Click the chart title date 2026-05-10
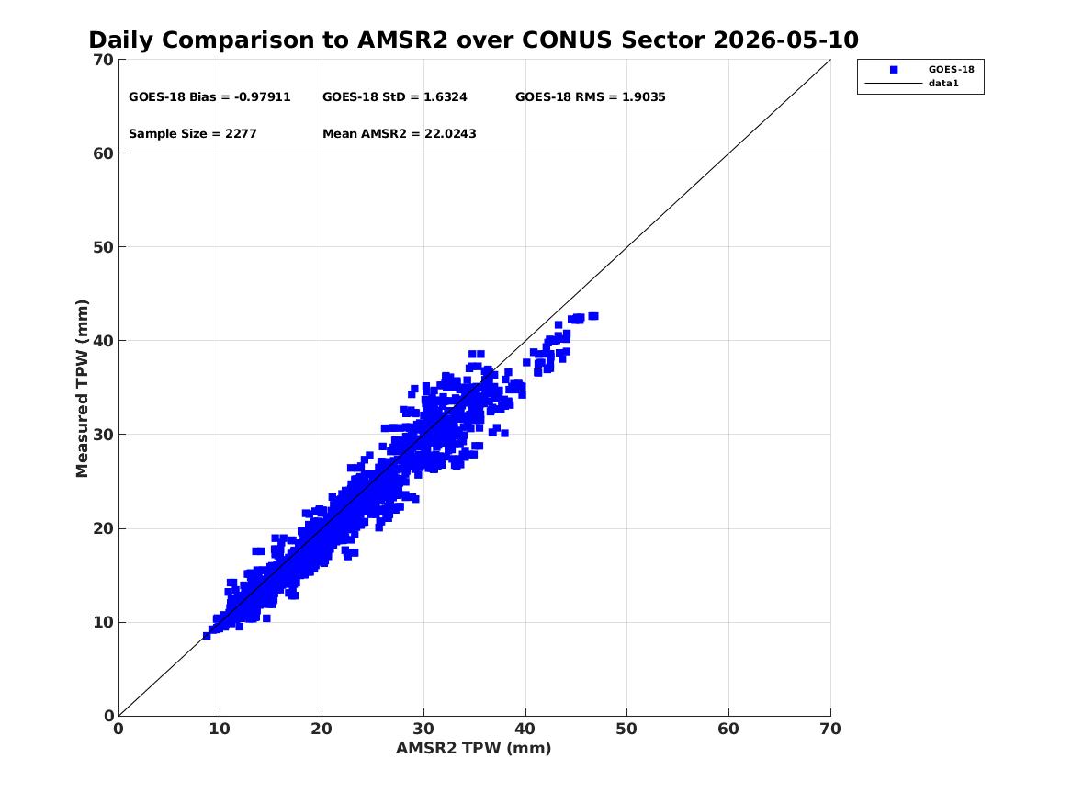pos(785,40)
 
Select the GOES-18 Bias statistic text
pos(209,97)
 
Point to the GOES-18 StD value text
pos(395,97)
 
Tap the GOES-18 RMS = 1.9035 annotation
pos(591,97)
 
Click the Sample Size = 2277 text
pos(193,134)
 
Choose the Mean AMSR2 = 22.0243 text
pos(400,134)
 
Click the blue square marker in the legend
pos(894,70)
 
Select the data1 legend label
pos(943,84)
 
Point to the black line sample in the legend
pos(894,84)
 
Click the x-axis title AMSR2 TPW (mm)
pos(474,748)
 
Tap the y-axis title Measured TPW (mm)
pos(82,389)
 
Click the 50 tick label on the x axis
pos(626,729)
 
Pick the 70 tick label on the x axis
pos(830,729)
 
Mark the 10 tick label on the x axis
pos(220,729)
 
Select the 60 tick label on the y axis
pos(103,153)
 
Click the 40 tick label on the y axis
pos(103,341)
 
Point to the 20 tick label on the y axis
pos(103,528)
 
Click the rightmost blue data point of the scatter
pos(593,316)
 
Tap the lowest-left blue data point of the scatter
pos(207,636)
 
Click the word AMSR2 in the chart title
pos(402,40)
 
